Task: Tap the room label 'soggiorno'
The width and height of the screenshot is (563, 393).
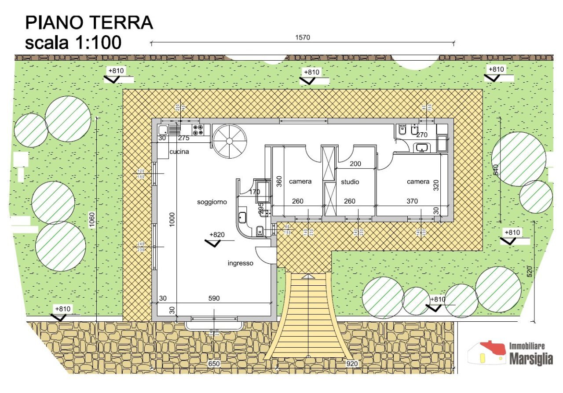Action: (x=212, y=202)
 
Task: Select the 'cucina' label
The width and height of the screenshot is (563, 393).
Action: (x=179, y=152)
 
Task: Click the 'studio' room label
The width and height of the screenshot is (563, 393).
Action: (x=350, y=182)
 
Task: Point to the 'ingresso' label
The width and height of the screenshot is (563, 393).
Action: (x=240, y=263)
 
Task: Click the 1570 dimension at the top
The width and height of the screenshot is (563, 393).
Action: (x=302, y=38)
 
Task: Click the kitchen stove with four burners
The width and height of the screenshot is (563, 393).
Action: (x=198, y=129)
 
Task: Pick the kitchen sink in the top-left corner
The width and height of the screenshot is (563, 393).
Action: (x=163, y=129)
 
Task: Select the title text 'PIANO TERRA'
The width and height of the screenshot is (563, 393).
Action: (x=89, y=23)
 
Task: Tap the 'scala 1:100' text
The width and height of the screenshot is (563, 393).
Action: (x=73, y=43)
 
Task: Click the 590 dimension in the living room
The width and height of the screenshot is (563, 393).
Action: (x=214, y=298)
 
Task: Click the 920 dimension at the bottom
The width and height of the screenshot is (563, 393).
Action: (x=352, y=364)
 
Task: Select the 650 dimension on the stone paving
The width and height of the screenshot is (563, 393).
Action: (x=214, y=364)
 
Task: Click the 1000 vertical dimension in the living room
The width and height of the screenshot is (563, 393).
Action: (x=172, y=220)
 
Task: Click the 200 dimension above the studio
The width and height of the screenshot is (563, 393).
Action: (x=355, y=164)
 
